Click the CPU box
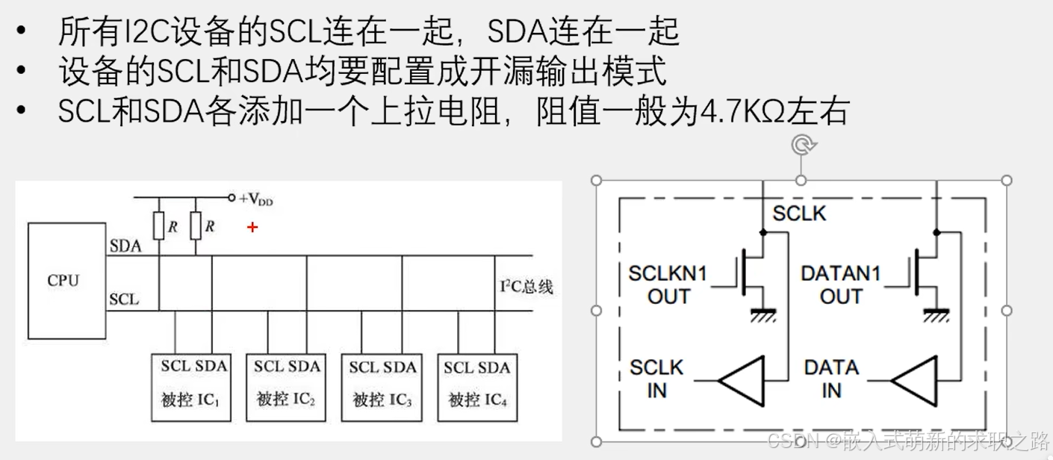coord(66,281)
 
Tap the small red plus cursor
coord(252,226)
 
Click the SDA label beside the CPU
coord(125,246)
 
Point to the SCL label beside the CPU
coord(124,299)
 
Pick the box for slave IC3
coord(382,387)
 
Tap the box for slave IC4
coord(477,387)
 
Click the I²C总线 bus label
coord(526,287)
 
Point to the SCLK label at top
coord(799,214)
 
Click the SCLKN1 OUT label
coord(668,285)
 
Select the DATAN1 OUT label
coord(840,285)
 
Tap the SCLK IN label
coord(656,379)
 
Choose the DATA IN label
coord(831,379)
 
